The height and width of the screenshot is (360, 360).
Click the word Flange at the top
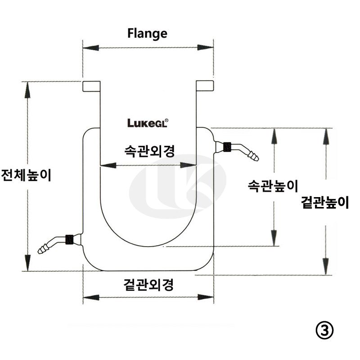click(x=147, y=33)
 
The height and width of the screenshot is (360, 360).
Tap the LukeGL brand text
click(x=147, y=123)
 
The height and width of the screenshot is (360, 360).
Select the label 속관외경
click(x=149, y=151)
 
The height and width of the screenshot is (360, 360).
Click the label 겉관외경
click(x=148, y=284)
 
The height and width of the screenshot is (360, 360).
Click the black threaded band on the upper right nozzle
click(x=227, y=146)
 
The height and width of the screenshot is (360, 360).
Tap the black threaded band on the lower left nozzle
click(x=70, y=239)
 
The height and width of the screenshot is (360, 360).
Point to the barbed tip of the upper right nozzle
click(x=254, y=156)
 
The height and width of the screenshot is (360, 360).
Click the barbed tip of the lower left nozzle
click(x=43, y=249)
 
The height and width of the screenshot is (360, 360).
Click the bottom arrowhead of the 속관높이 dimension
click(x=273, y=239)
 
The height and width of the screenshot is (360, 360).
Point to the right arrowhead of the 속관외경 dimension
click(x=189, y=165)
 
